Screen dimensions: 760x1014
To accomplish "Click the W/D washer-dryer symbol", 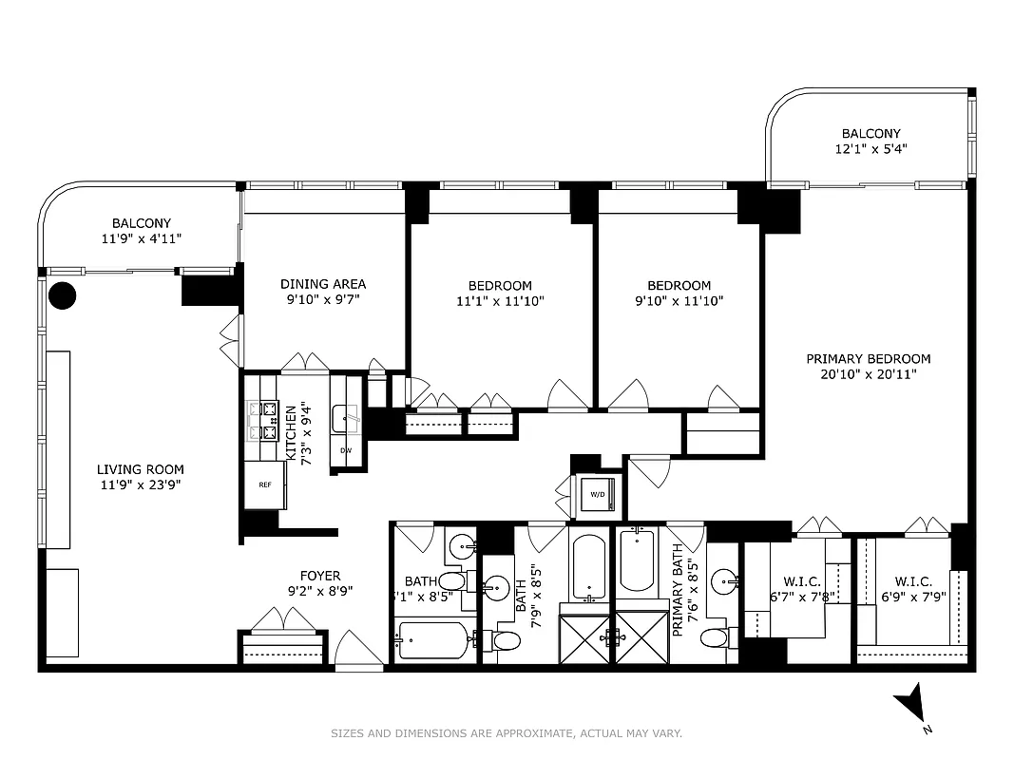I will point(598,495).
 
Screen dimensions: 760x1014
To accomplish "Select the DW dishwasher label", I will point(345,450).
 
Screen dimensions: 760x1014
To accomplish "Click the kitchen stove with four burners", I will point(262,421).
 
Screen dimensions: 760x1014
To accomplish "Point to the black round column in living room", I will point(62,295).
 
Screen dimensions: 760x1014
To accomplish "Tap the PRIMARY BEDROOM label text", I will point(868,359).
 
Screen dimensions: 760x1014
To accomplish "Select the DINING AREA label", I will point(322,284).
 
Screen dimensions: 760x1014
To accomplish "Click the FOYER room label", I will point(319,576).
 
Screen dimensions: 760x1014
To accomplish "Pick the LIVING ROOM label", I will point(140,469).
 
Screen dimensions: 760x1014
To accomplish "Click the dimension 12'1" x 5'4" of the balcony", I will point(871,149).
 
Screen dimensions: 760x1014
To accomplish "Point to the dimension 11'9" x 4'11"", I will point(141,239).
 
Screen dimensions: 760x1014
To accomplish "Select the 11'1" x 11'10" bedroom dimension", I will point(500,302).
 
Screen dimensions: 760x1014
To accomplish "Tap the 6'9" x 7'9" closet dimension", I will point(911,598).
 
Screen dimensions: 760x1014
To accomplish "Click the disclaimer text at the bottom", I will point(507,733).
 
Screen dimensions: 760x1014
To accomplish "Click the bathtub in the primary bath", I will point(636,560).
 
